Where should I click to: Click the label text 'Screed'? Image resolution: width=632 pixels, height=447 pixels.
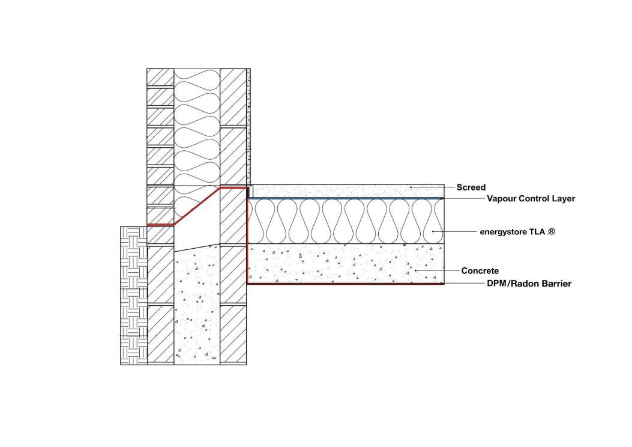point(471,187)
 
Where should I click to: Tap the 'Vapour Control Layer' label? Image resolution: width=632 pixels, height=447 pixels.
point(531,198)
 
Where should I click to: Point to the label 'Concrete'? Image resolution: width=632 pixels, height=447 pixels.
point(480,271)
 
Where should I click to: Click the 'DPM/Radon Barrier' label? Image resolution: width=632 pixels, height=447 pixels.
point(529,284)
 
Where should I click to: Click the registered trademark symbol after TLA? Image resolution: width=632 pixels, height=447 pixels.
point(551,231)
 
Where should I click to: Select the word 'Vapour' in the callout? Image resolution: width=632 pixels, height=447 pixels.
point(501,198)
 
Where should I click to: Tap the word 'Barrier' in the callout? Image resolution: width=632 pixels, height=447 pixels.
point(558,284)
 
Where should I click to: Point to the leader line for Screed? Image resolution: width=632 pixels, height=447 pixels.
point(432,187)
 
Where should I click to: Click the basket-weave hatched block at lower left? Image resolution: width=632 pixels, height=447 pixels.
point(133,295)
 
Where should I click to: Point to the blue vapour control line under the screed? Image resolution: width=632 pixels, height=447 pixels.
point(348,198)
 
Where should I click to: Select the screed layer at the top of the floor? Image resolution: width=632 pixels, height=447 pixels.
point(348,190)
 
